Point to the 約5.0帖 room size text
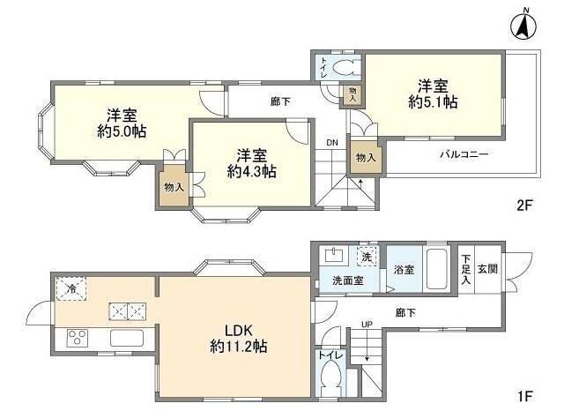click(122, 131)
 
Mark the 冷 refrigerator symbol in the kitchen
click(69, 288)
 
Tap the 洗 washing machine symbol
click(366, 257)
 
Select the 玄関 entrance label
click(487, 268)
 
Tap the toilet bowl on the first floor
click(330, 380)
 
